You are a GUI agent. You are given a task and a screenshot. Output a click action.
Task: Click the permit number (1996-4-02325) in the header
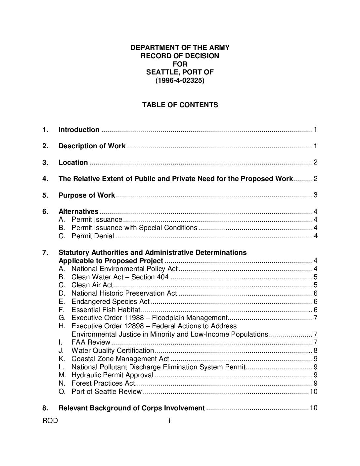(x=180, y=80)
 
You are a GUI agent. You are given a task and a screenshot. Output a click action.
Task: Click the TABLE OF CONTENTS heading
(x=180, y=105)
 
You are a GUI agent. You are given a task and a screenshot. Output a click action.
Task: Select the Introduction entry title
(x=79, y=130)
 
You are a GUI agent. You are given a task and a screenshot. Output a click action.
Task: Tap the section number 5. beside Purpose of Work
(x=45, y=195)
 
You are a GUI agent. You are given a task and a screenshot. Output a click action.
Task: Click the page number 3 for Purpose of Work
(x=315, y=195)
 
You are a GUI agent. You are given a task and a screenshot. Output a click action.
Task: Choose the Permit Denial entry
(x=93, y=236)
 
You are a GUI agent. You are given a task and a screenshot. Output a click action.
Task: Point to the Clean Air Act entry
(x=92, y=285)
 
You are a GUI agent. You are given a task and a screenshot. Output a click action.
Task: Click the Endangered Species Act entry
(x=111, y=302)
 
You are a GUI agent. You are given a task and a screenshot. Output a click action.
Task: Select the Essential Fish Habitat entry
(x=106, y=310)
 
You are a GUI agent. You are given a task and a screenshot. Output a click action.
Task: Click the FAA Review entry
(x=91, y=342)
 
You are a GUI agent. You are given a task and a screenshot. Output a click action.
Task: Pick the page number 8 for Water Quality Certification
(x=315, y=350)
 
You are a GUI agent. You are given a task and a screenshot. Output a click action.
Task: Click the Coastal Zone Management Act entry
(x=120, y=359)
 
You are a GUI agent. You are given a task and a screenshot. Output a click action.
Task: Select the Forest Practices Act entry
(x=103, y=383)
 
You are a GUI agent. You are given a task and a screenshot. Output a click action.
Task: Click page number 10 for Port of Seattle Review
(x=313, y=392)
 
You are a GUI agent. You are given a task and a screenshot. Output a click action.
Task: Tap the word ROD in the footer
(x=50, y=421)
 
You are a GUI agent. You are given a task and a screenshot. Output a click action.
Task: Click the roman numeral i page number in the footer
(x=169, y=421)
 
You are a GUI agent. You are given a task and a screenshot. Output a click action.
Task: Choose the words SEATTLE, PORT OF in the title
(x=180, y=72)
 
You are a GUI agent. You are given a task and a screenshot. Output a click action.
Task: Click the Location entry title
(x=73, y=163)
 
